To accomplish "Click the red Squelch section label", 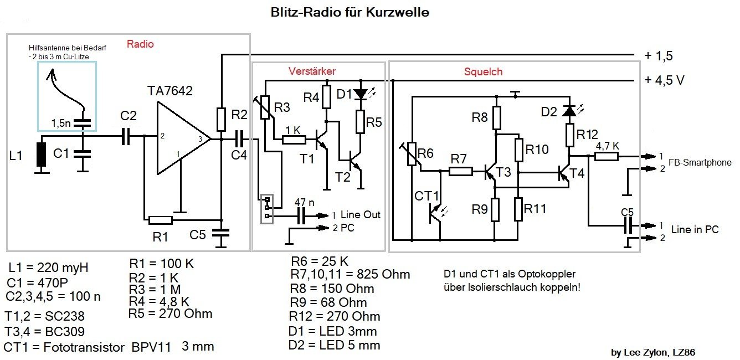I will (483, 71).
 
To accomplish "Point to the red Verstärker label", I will (312, 71).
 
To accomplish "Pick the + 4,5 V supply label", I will (665, 80).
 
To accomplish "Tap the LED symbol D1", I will (361, 94).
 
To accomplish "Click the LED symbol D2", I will (568, 111).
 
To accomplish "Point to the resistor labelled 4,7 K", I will (607, 157).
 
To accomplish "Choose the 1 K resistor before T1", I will (294, 140).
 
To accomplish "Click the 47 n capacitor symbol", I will (302, 215).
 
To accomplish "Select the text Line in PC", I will (695, 229).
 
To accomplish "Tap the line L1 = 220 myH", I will (48, 268).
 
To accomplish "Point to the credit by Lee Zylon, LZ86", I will (652, 352).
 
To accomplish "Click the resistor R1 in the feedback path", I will (161, 220).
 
